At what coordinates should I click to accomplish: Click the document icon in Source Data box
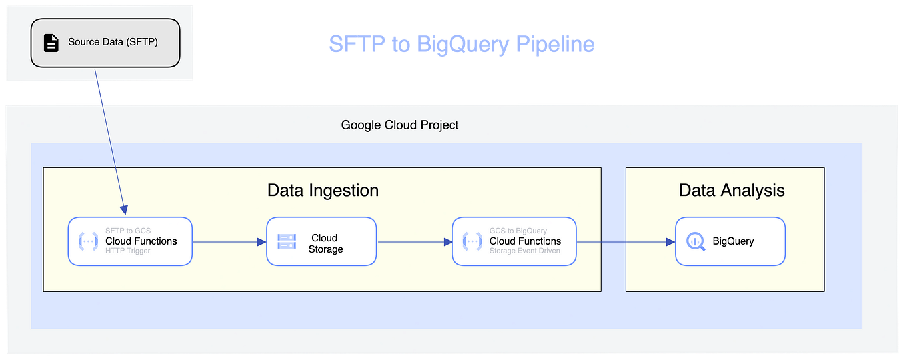tap(51, 43)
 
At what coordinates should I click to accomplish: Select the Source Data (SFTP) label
tap(113, 42)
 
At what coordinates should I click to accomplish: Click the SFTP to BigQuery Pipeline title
tap(461, 44)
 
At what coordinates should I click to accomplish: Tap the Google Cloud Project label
tap(400, 125)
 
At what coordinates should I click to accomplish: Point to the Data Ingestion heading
tap(323, 190)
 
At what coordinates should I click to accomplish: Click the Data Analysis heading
tap(732, 190)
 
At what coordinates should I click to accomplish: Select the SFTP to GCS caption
tap(128, 231)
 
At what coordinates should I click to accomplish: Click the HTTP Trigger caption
tap(128, 251)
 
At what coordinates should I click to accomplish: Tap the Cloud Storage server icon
tap(287, 241)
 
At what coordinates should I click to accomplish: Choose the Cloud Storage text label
tap(325, 243)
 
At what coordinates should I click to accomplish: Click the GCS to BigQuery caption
tap(518, 231)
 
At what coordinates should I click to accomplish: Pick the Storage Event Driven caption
tap(525, 251)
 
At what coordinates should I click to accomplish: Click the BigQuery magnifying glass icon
tap(696, 241)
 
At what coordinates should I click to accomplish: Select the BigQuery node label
tap(733, 241)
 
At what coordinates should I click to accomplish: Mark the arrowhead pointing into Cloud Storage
tap(262, 242)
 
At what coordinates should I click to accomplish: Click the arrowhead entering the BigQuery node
tap(670, 242)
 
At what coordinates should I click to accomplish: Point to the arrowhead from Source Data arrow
tap(124, 210)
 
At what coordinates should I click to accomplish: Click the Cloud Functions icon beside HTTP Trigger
tap(88, 241)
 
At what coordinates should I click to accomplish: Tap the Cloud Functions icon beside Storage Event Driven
tap(472, 241)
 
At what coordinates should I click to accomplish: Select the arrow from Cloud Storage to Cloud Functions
tap(415, 242)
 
